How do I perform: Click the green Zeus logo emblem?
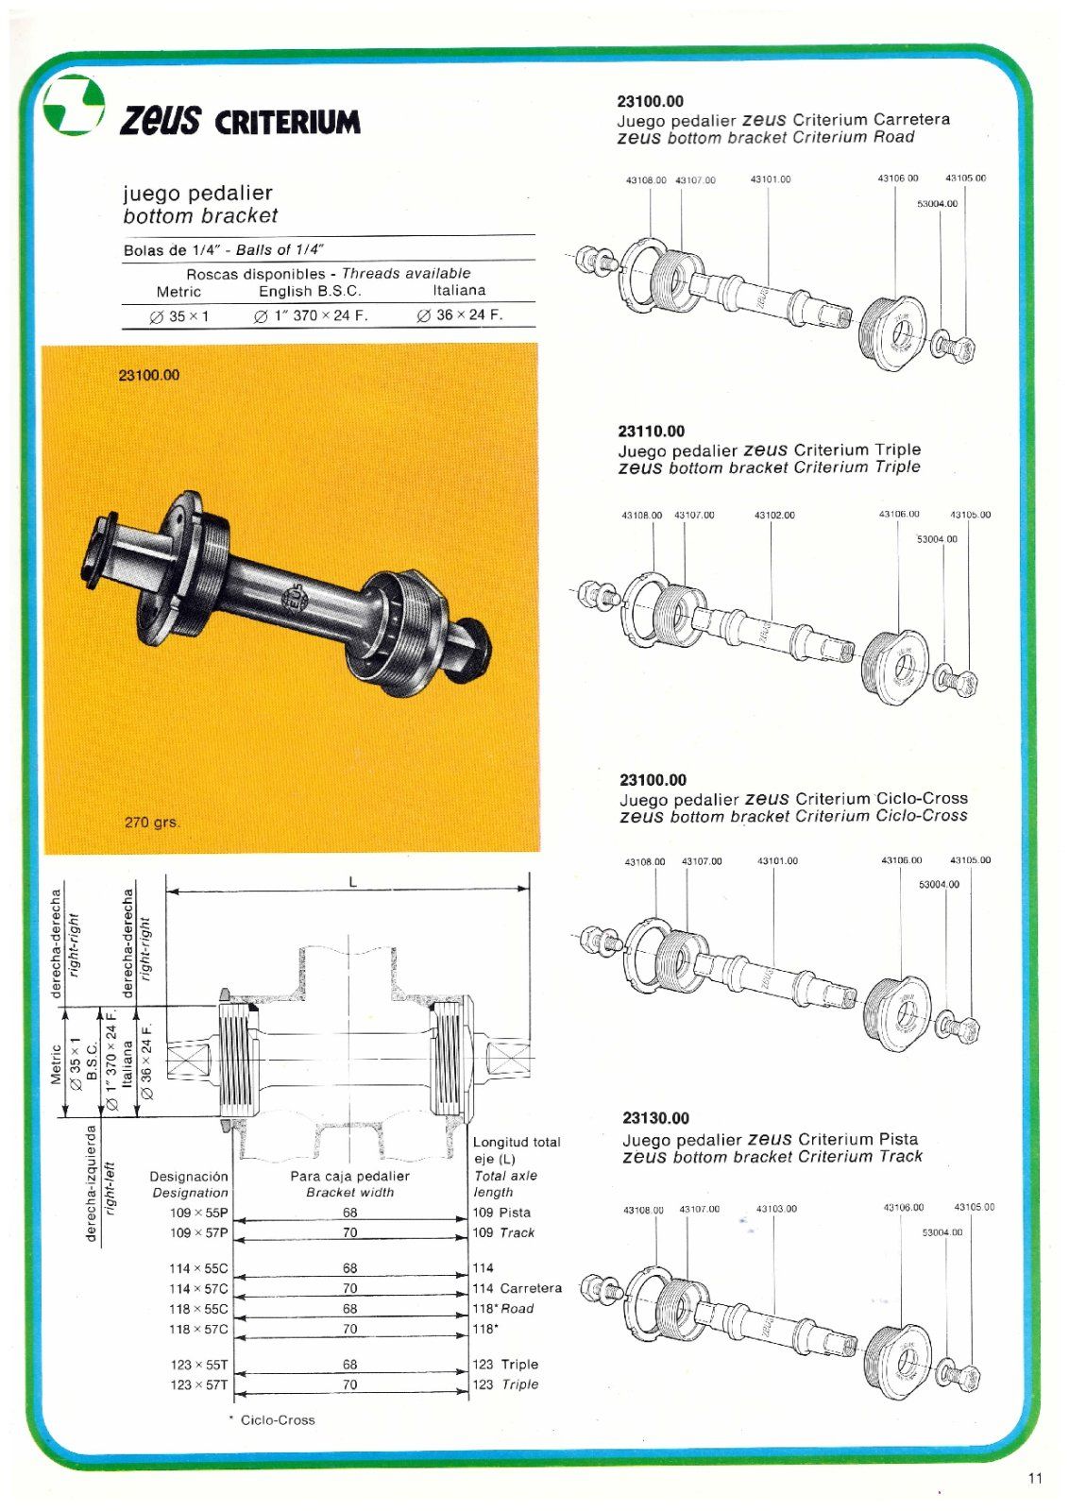pyautogui.click(x=74, y=105)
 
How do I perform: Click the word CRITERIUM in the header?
pyautogui.click(x=287, y=123)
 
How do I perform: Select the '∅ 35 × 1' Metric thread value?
pyautogui.click(x=179, y=316)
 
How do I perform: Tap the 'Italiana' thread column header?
pyautogui.click(x=459, y=291)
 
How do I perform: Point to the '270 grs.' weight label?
pyautogui.click(x=152, y=823)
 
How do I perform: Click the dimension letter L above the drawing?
pyautogui.click(x=353, y=882)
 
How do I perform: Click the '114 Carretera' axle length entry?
pyautogui.click(x=517, y=1288)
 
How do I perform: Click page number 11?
pyautogui.click(x=1035, y=1478)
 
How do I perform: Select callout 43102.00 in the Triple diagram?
pyautogui.click(x=774, y=516)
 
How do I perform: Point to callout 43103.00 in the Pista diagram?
pyautogui.click(x=776, y=1209)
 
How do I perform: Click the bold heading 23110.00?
pyautogui.click(x=652, y=432)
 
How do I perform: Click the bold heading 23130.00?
pyautogui.click(x=655, y=1118)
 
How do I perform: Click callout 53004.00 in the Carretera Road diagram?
pyautogui.click(x=937, y=203)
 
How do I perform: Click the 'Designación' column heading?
pyautogui.click(x=189, y=1177)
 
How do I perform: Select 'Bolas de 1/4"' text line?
pyautogui.click(x=171, y=250)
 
